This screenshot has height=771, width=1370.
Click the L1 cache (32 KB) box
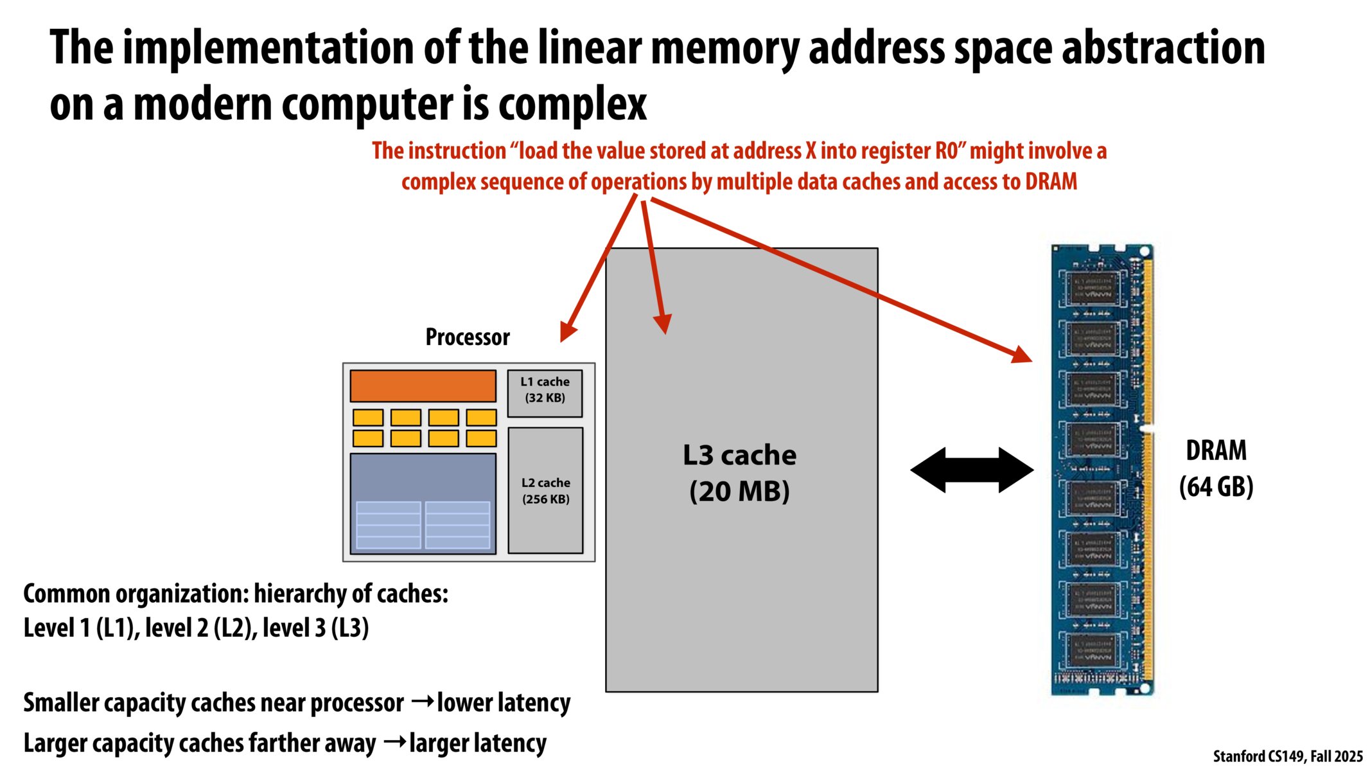click(x=545, y=393)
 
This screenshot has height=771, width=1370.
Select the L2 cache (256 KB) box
click(x=545, y=490)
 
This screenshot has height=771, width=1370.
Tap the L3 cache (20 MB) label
click(x=739, y=473)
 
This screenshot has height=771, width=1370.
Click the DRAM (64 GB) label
click(x=1215, y=468)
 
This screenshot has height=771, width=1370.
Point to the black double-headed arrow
click(x=972, y=470)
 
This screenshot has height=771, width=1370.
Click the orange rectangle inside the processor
click(x=423, y=385)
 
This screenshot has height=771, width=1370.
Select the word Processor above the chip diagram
click(x=468, y=337)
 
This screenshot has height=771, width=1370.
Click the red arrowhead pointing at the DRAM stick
click(x=1021, y=354)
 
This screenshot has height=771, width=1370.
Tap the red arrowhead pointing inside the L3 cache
click(x=663, y=324)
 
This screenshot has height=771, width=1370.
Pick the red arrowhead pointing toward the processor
click(x=568, y=332)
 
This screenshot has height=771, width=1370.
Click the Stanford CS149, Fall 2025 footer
click(x=1287, y=756)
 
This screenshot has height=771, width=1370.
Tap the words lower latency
click(x=504, y=703)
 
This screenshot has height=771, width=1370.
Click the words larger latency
click(x=478, y=743)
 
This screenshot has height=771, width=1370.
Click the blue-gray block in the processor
click(x=423, y=475)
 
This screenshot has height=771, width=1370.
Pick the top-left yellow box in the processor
click(x=368, y=418)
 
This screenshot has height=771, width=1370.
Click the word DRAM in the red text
click(x=1051, y=182)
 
